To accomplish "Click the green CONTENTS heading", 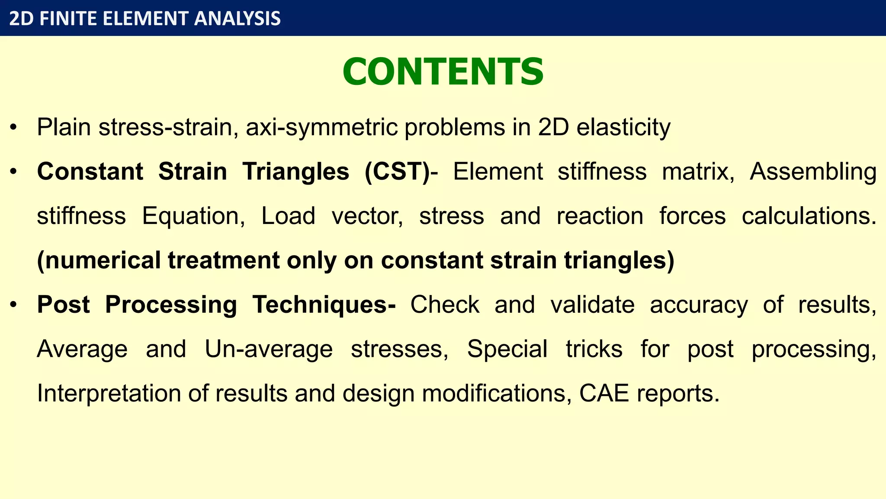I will [443, 72].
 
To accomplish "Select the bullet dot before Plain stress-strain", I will [14, 128].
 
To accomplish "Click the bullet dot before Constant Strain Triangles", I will [14, 172].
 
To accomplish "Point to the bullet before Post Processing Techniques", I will [14, 305].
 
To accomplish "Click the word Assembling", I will [813, 172].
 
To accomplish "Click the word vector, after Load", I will [367, 216].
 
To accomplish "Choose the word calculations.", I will [809, 216].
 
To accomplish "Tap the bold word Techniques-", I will [324, 305].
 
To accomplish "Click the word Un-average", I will [269, 349].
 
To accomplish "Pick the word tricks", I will [594, 349].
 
